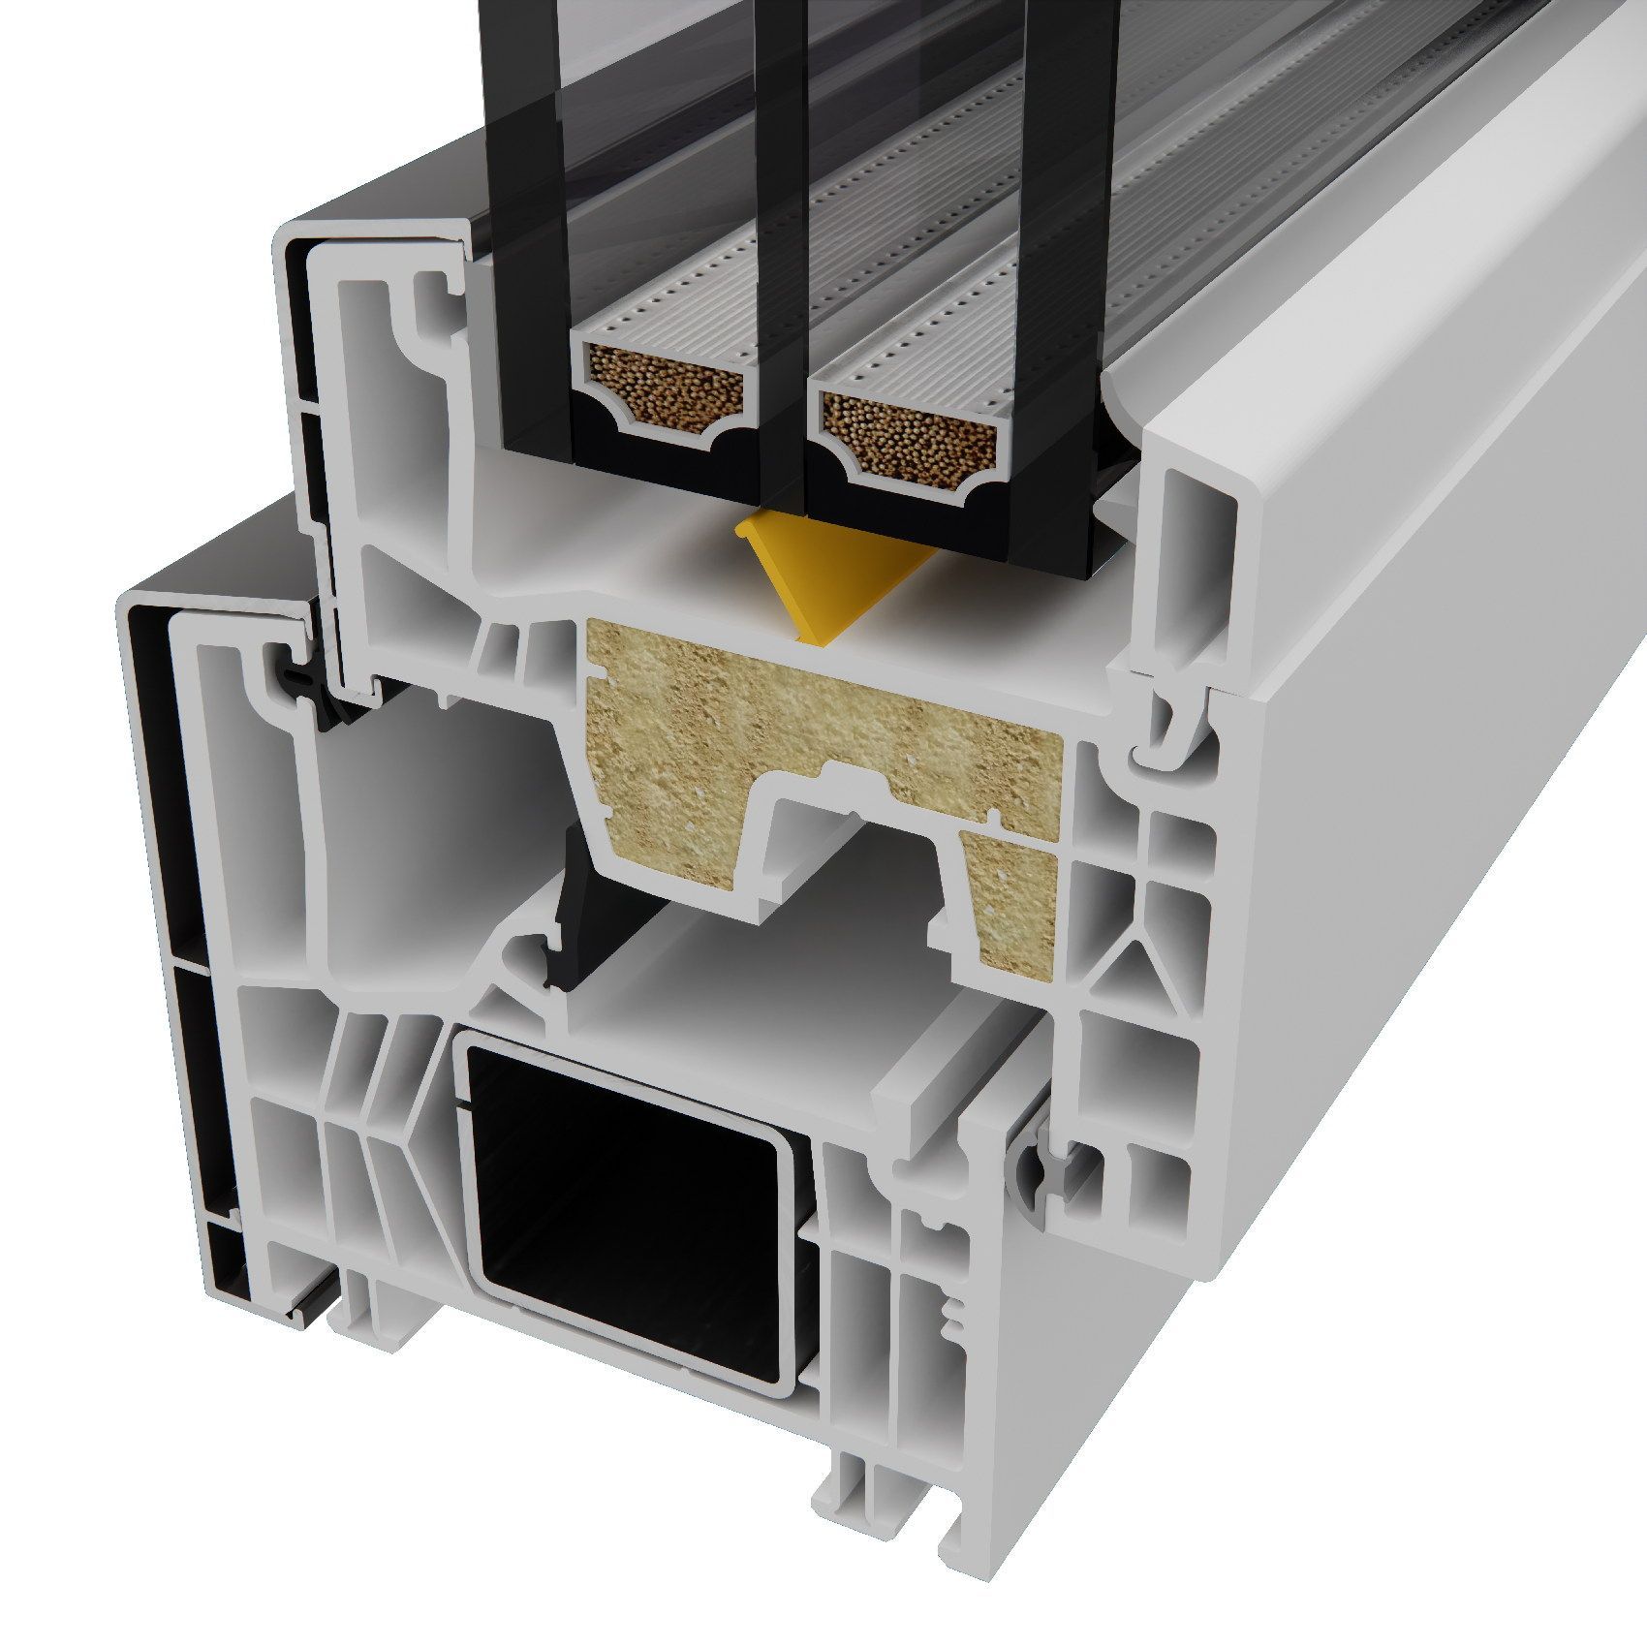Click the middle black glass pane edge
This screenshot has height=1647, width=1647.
(x=780, y=291)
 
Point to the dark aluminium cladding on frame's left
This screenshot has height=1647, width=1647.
(x=165, y=872)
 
